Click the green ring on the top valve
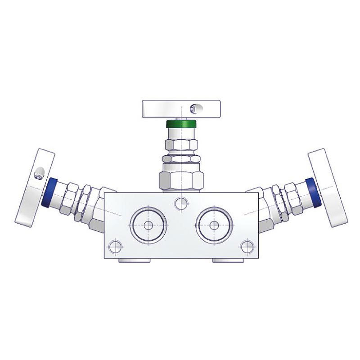tap(181, 124)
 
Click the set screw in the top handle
tap(193, 108)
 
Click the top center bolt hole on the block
tap(181, 204)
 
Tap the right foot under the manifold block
tap(229, 261)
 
